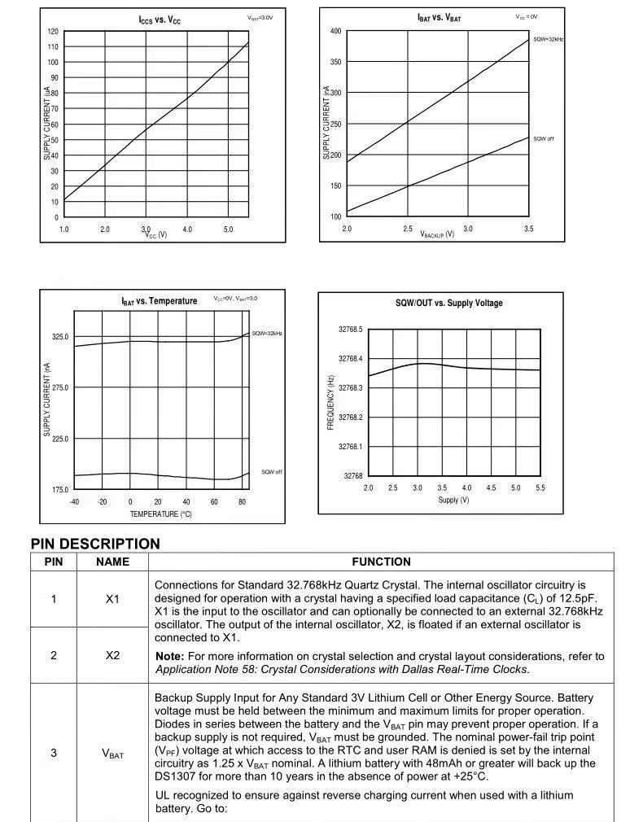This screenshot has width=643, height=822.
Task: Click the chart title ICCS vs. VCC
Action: (x=160, y=20)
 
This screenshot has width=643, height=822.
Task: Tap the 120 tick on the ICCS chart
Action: (x=53, y=31)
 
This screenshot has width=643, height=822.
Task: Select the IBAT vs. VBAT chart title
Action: (x=439, y=17)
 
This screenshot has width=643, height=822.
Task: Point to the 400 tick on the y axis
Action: (x=335, y=31)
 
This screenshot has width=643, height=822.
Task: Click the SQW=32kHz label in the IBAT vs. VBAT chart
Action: (x=548, y=39)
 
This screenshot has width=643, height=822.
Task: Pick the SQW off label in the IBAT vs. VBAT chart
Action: (x=544, y=139)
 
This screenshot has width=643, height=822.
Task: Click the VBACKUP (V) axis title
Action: (x=437, y=234)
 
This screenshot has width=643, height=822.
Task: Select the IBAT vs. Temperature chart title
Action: (x=160, y=301)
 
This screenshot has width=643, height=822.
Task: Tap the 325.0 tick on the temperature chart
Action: (x=60, y=336)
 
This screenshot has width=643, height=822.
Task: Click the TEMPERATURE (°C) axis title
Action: (x=160, y=514)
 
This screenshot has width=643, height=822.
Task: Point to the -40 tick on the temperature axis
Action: (x=74, y=502)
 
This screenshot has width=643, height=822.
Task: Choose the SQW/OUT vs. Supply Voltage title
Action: (x=448, y=304)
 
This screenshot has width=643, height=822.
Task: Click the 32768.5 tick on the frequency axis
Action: (x=351, y=330)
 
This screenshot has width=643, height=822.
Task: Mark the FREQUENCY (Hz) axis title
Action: (x=330, y=402)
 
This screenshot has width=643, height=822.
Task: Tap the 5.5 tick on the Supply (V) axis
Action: (x=540, y=488)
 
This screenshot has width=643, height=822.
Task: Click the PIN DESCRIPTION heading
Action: (x=95, y=544)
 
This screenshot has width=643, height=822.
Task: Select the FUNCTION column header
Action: (x=381, y=562)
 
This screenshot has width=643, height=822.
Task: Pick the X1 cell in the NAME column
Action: (x=112, y=599)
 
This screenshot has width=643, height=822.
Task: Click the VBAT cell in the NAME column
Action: (x=112, y=754)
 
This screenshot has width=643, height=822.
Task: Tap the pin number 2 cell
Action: (x=54, y=655)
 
